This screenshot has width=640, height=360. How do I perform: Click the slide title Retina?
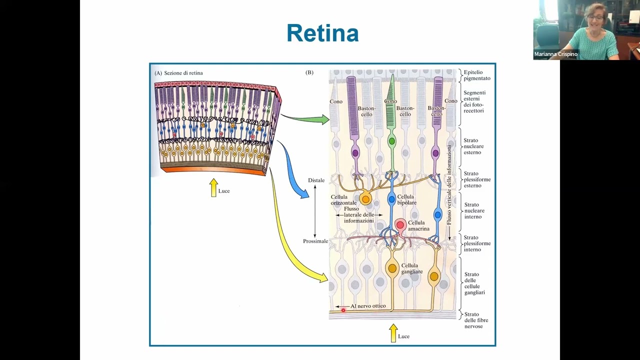pyautogui.click(x=322, y=33)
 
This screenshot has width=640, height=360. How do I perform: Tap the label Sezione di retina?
pyautogui.click(x=183, y=73)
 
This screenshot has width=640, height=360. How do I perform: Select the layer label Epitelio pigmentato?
pyautogui.click(x=476, y=75)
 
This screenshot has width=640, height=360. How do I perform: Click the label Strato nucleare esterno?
pyautogui.click(x=473, y=146)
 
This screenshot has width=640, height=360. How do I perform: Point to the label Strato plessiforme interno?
pyautogui.click(x=477, y=243)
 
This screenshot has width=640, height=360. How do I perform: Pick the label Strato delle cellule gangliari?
pyautogui.click(x=474, y=283)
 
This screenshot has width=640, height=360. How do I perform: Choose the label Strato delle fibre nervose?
pyautogui.click(x=476, y=320)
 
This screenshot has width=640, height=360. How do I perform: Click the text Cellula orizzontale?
pyautogui.click(x=343, y=200)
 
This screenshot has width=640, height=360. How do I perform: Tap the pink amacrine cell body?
pyautogui.click(x=400, y=225)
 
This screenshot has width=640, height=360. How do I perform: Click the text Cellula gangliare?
pyautogui.click(x=412, y=268)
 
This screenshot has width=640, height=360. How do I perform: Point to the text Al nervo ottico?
pyautogui.click(x=367, y=306)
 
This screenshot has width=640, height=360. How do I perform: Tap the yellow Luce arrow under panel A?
pyautogui.click(x=214, y=187)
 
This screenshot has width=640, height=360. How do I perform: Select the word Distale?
pyautogui.click(x=316, y=180)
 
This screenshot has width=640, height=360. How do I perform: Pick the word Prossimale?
pyautogui.click(x=315, y=241)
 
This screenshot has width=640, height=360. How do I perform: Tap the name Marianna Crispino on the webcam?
pyautogui.click(x=555, y=54)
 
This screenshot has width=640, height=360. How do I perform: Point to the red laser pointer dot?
pyautogui.click(x=343, y=310)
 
